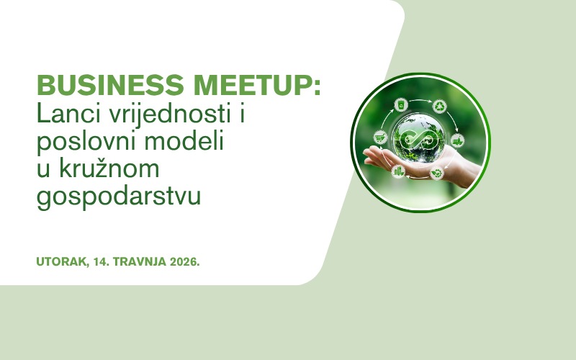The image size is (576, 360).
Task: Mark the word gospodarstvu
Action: (x=118, y=196)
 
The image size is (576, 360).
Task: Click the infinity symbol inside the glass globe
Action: (x=420, y=138)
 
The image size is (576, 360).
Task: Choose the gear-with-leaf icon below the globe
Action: (x=437, y=172)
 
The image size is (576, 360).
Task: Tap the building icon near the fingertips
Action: (x=398, y=171)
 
